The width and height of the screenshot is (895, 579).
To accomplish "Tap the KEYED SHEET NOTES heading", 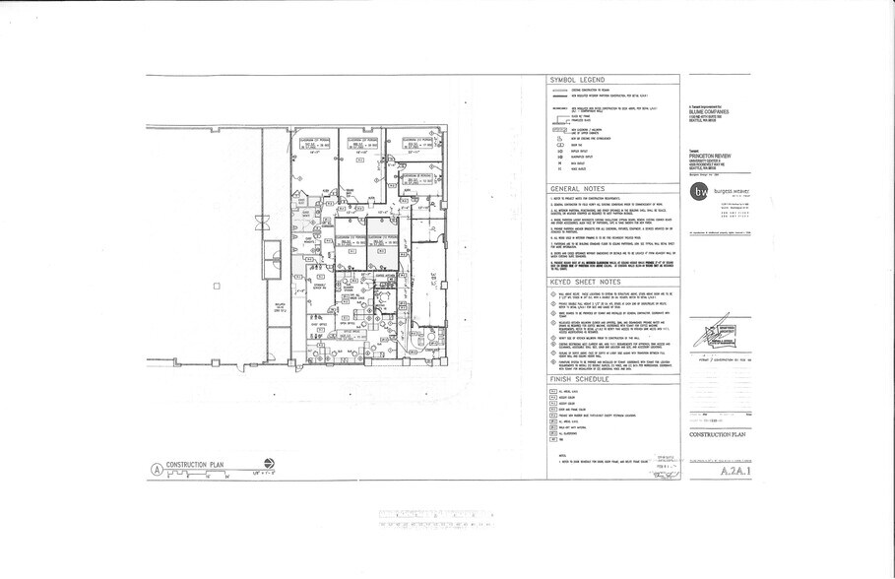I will point(589,281).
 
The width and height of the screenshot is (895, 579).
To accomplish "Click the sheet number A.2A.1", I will point(732,472).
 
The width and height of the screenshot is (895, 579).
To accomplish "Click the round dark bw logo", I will point(699,191).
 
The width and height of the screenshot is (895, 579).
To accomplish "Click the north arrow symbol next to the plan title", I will point(270,463).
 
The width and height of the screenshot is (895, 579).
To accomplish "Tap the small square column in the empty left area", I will point(216,287).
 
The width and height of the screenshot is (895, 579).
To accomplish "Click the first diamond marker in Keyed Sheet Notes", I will point(553,293).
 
